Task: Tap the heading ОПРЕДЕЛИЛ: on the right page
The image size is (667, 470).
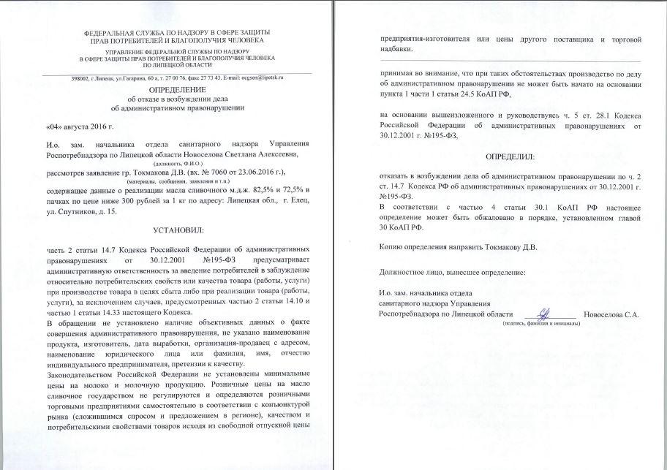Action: click(x=510, y=157)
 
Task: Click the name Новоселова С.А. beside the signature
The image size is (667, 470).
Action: click(x=611, y=314)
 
